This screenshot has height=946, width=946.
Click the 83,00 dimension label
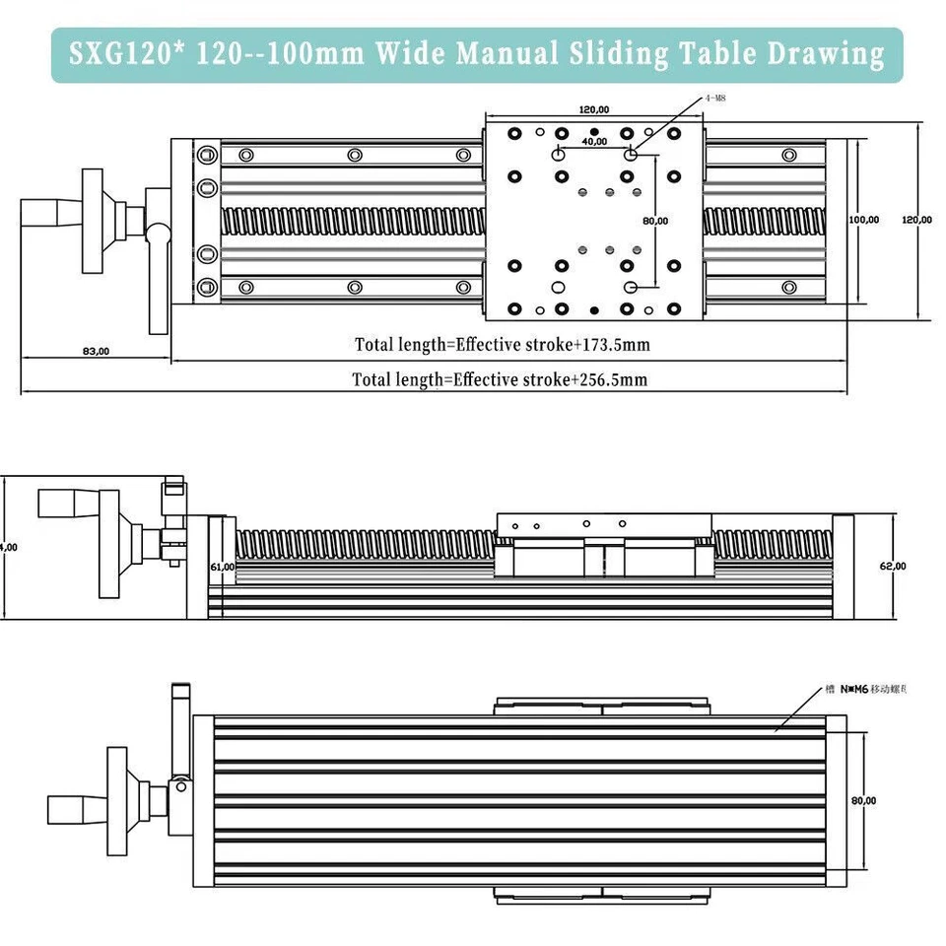(x=96, y=351)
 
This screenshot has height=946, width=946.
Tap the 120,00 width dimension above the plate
(x=593, y=109)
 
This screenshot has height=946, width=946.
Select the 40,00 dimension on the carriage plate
(x=594, y=142)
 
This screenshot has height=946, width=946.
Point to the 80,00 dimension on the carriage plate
(x=655, y=221)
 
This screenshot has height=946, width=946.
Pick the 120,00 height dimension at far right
(x=916, y=220)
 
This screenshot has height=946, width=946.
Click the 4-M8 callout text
(x=715, y=99)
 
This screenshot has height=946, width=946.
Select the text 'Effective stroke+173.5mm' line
(x=502, y=345)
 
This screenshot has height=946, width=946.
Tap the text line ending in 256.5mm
(x=500, y=379)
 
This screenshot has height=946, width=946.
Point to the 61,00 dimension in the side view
(x=222, y=567)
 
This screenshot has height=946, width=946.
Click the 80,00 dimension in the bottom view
(x=863, y=801)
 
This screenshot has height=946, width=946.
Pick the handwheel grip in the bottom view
(x=75, y=809)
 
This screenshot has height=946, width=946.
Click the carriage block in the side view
(x=603, y=546)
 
